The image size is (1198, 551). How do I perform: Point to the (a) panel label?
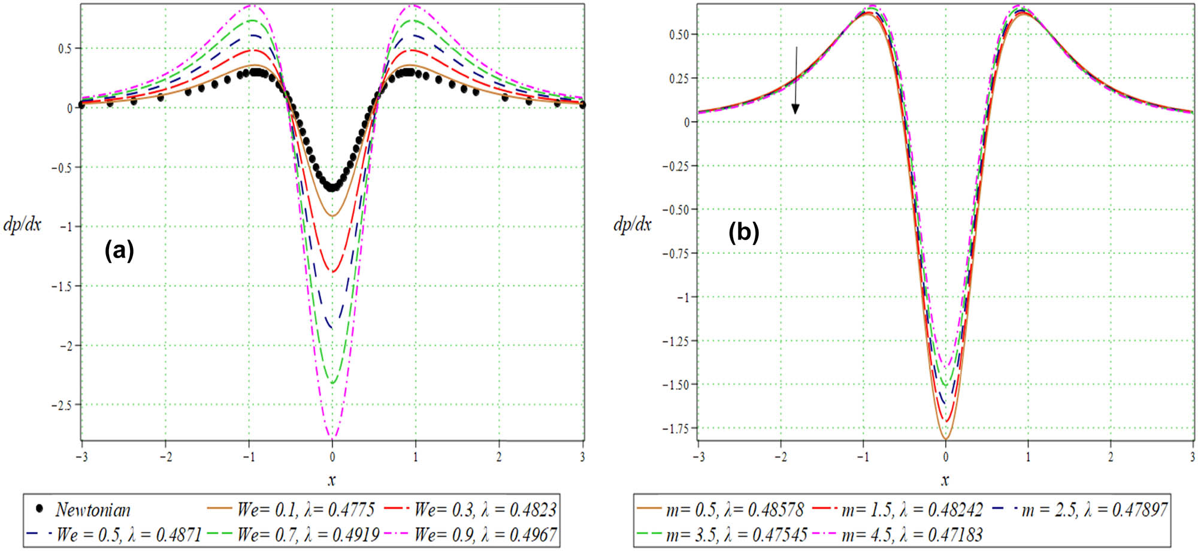pos(119,249)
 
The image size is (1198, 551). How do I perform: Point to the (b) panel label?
pos(743,231)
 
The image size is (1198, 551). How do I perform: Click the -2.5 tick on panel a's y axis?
pos(62,405)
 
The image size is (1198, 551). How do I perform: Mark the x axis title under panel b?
pos(945,480)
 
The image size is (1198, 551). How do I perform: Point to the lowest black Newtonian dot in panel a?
pos(332,188)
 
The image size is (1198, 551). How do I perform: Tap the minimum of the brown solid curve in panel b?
pos(945,439)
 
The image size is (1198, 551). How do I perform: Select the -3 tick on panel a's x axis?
pos(82,457)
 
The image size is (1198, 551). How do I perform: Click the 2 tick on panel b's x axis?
pos(1110,457)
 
